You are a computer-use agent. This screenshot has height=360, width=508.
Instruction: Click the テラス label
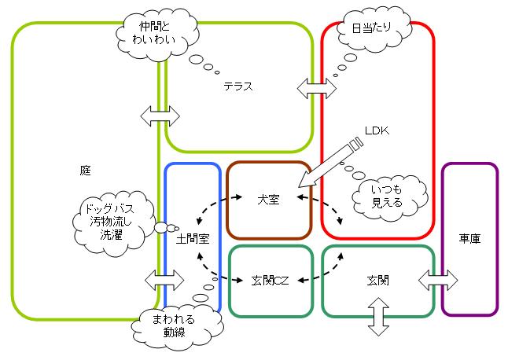(238, 86)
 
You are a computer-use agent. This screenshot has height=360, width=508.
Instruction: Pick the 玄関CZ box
(269, 279)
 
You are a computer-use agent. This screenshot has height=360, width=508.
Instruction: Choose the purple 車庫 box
(469, 237)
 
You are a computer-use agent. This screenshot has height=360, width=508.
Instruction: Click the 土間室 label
(192, 237)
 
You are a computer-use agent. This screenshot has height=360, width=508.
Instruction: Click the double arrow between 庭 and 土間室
(164, 279)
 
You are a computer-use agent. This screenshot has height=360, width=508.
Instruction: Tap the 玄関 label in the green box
(377, 279)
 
